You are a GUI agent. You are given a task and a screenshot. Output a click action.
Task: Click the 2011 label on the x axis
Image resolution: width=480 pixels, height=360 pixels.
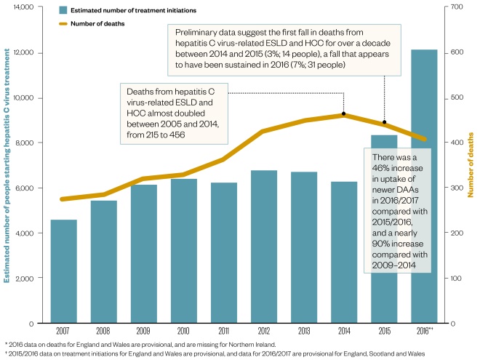(223, 330)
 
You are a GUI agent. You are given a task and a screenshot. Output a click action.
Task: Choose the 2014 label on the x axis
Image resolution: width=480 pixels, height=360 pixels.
(343, 330)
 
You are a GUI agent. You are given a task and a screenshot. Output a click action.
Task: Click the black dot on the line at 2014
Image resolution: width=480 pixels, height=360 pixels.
(343, 115)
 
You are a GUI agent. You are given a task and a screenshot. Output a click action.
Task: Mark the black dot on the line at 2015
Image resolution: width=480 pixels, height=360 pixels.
(385, 122)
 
